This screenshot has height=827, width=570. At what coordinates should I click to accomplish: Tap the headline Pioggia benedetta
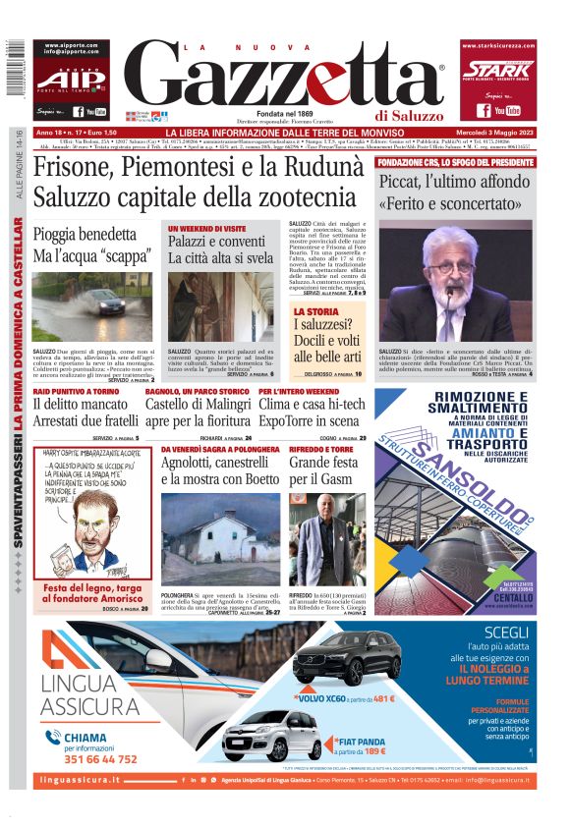point(85,235)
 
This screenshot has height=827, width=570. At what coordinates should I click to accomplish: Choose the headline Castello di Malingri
point(197,404)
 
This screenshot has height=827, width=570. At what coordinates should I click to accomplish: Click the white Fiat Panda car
point(271,733)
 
